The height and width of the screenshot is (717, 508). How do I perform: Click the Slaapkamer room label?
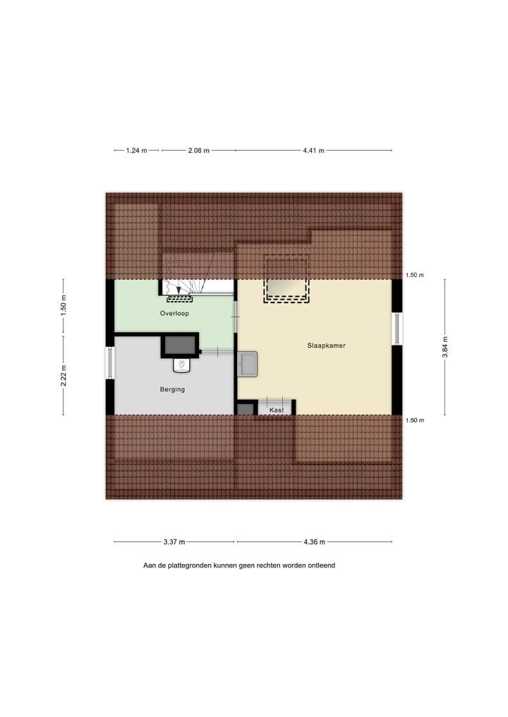[x=326, y=346]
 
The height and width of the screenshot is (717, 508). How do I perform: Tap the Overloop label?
[x=174, y=313]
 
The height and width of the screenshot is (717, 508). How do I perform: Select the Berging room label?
[x=172, y=388]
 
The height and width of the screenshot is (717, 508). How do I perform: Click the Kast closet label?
[x=277, y=410]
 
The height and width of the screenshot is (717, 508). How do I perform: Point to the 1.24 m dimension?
[x=136, y=150]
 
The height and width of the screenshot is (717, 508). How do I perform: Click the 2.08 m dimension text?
[x=198, y=150]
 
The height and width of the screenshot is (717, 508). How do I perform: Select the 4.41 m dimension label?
[x=313, y=150]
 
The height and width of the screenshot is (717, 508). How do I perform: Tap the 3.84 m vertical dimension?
[x=445, y=346]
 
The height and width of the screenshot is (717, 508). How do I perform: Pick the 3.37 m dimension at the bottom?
[x=174, y=542]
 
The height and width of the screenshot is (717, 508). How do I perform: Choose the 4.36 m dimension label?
[x=314, y=542]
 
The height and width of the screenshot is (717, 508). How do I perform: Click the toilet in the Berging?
[x=181, y=364]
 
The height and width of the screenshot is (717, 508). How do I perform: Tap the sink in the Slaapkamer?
[x=249, y=364]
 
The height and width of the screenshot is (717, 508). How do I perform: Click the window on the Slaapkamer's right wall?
[x=397, y=329]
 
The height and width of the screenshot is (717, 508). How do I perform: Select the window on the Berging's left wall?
[x=110, y=363]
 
